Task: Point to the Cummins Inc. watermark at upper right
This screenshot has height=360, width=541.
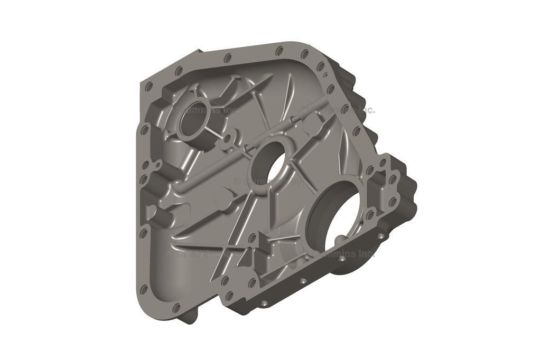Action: click(x=338, y=110)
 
